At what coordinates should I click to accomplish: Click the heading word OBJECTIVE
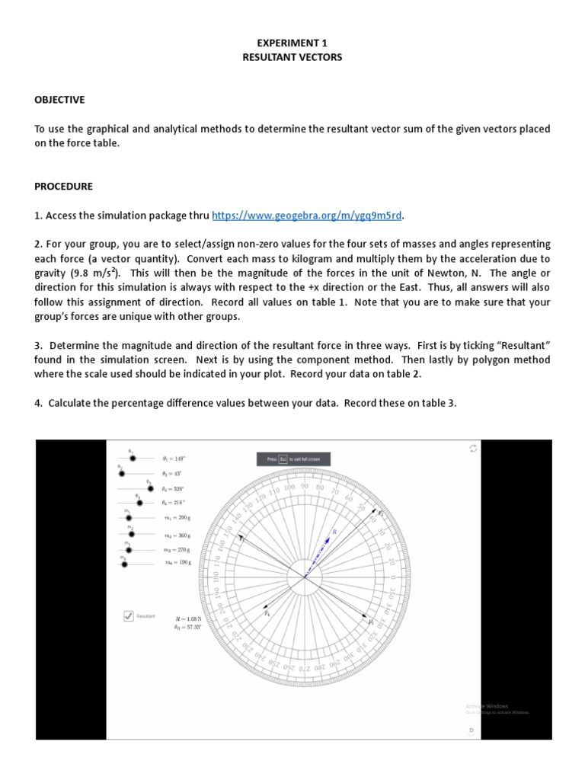point(59,100)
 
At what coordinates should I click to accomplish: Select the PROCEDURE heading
point(63,186)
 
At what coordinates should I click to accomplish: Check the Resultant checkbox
point(129,615)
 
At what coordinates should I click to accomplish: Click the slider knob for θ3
point(151,488)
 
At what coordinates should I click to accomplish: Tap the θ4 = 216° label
point(173,503)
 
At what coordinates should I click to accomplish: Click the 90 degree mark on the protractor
point(305,485)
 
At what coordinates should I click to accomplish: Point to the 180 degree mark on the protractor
point(216,577)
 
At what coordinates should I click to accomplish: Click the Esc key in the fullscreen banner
point(282,459)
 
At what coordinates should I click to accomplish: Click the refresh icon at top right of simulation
point(472,449)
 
